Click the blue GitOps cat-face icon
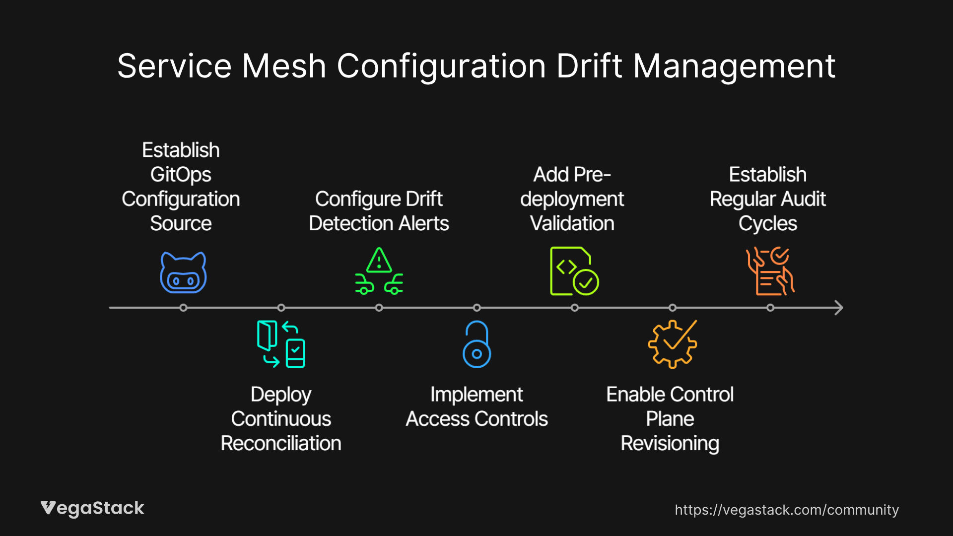(183, 273)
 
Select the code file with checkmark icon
(574, 271)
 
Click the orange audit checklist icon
(770, 271)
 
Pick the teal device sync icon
(281, 344)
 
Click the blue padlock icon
(476, 344)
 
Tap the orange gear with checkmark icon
(672, 344)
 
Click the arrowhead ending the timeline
(839, 308)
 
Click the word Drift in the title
(589, 66)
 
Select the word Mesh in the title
(283, 66)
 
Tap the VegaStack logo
(92, 508)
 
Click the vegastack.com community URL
(786, 510)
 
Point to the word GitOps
(181, 175)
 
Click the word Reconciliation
(281, 443)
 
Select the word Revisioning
(670, 443)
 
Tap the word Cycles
(767, 223)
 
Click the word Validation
(572, 223)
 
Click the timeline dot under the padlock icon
(476, 308)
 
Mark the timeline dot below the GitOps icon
(183, 308)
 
